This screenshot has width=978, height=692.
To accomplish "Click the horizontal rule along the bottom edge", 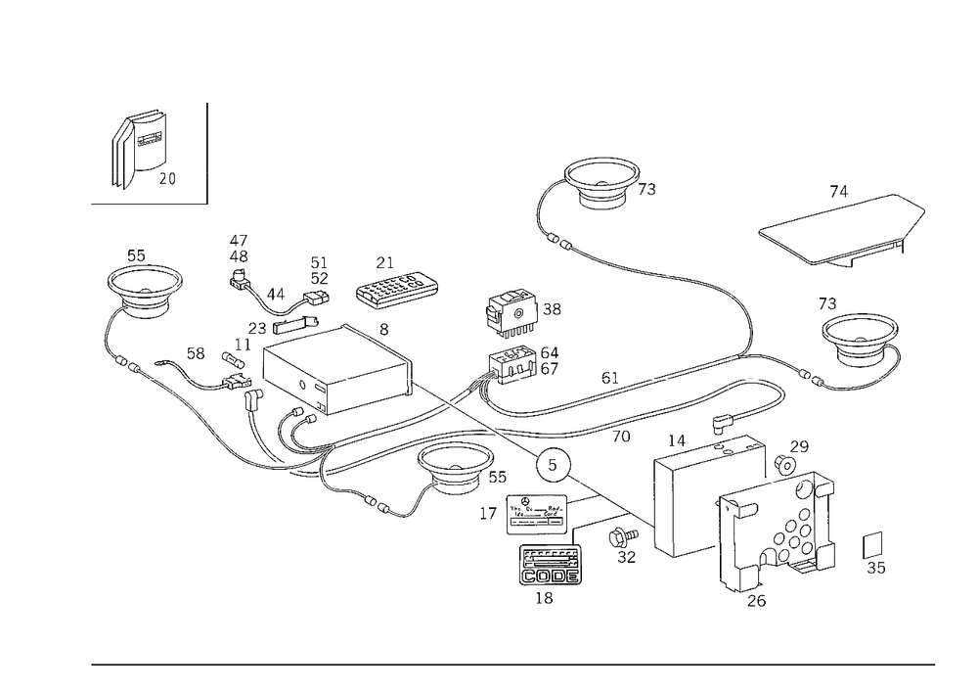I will point(513,663).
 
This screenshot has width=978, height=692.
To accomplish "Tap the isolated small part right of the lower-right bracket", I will point(876,553).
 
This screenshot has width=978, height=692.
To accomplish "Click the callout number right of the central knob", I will point(553,312).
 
